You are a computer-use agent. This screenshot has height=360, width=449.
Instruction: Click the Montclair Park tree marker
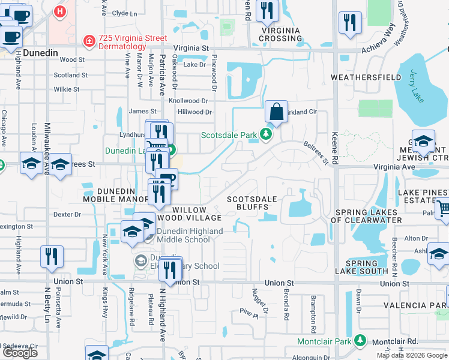[360, 341]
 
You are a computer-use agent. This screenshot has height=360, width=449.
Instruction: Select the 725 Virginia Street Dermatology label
[124, 42]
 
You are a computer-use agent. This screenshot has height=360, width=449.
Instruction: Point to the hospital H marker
[59, 11]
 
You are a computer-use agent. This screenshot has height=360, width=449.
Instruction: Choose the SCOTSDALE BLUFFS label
[252, 203]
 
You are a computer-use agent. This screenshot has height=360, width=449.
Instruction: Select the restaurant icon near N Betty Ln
[52, 257]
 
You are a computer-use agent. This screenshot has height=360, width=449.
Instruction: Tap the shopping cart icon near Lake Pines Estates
[443, 209]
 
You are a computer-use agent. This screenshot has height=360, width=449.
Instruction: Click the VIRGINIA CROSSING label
[280, 34]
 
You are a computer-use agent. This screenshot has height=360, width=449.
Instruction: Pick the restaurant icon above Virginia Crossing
[267, 11]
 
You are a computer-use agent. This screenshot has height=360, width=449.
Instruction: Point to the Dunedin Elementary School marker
[141, 260]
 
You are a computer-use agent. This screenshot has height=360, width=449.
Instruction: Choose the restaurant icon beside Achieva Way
[349, 23]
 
